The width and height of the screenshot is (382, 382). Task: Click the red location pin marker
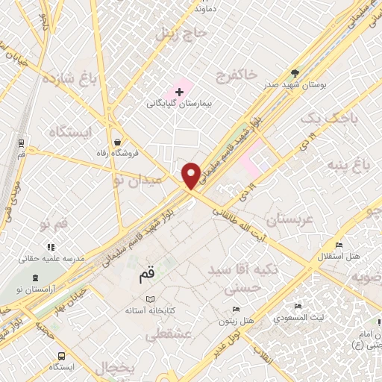tap(192, 175)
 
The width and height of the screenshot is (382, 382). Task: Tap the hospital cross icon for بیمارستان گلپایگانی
tap(179, 92)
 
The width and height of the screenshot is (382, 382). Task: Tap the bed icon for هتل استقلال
tap(338, 245)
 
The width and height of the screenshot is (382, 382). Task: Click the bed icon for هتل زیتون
tap(236, 310)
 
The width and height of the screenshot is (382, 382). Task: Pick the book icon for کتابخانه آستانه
tap(151, 298)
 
